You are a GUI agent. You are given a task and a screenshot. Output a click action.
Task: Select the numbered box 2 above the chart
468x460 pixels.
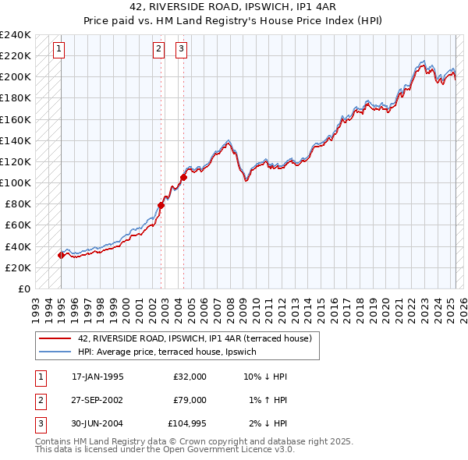pyautogui.click(x=158, y=50)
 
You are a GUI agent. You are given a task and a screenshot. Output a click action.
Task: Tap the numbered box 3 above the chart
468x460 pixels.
pyautogui.click(x=181, y=50)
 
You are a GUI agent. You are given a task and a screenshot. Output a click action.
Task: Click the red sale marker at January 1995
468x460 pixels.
pyautogui.click(x=61, y=255)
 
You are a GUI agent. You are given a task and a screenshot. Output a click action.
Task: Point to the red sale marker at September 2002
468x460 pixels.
pyautogui.click(x=161, y=205)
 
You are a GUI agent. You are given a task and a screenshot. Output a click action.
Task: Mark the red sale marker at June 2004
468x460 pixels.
pyautogui.click(x=184, y=178)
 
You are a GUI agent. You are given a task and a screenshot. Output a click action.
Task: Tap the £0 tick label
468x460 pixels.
pyautogui.click(x=24, y=288)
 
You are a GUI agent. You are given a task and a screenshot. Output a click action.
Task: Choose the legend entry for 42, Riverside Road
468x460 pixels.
pyautogui.click(x=194, y=338)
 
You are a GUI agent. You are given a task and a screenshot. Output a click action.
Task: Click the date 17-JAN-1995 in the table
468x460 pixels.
pyautogui.click(x=97, y=376)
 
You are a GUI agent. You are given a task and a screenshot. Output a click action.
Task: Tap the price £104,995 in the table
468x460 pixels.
pyautogui.click(x=187, y=423)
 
